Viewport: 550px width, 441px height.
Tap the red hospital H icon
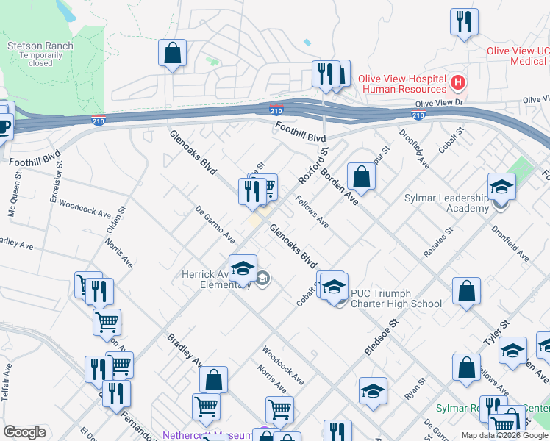pyautogui.click(x=458, y=80)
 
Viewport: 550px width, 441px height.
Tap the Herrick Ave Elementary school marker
pyautogui.click(x=243, y=269)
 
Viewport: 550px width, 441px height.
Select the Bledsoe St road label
pyautogui.click(x=382, y=337)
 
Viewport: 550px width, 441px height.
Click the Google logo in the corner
pyautogui.click(x=24, y=432)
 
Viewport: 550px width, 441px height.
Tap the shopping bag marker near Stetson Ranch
pyautogui.click(x=172, y=54)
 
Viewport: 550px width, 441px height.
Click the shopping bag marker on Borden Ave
pyautogui.click(x=361, y=176)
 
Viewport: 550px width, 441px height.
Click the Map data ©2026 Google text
pyautogui.click(x=504, y=435)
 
